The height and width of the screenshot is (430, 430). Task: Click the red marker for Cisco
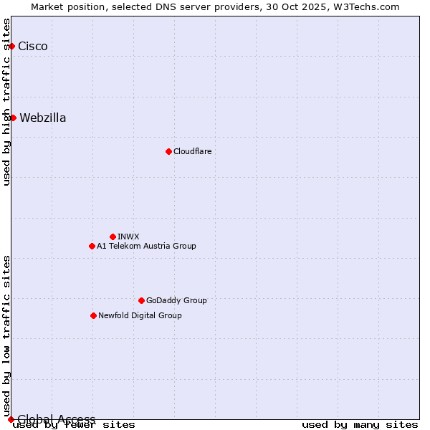tap(11, 46)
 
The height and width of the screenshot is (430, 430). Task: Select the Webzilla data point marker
tap(13, 118)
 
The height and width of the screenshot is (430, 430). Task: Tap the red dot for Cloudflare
tap(168, 151)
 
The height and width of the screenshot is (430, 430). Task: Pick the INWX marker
tap(113, 236)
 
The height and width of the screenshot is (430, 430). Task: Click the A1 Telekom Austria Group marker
tap(92, 246)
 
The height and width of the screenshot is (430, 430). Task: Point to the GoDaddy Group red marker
tap(141, 300)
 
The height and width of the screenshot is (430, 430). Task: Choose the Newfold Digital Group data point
tap(93, 315)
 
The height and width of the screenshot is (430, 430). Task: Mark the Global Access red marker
tap(11, 419)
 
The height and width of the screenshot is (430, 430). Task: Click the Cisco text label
tap(33, 46)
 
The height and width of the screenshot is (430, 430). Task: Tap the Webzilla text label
tap(43, 118)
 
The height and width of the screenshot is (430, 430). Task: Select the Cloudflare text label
tap(193, 151)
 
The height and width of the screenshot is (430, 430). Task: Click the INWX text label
tap(128, 236)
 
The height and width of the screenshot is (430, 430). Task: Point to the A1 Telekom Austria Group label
tap(146, 246)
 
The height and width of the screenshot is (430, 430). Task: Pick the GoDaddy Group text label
tap(176, 300)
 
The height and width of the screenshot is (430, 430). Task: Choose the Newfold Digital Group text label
tap(140, 315)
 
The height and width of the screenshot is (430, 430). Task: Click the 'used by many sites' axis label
tap(360, 424)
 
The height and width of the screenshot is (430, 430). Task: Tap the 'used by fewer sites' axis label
tap(74, 424)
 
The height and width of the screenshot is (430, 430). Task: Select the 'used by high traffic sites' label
tap(7, 102)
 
